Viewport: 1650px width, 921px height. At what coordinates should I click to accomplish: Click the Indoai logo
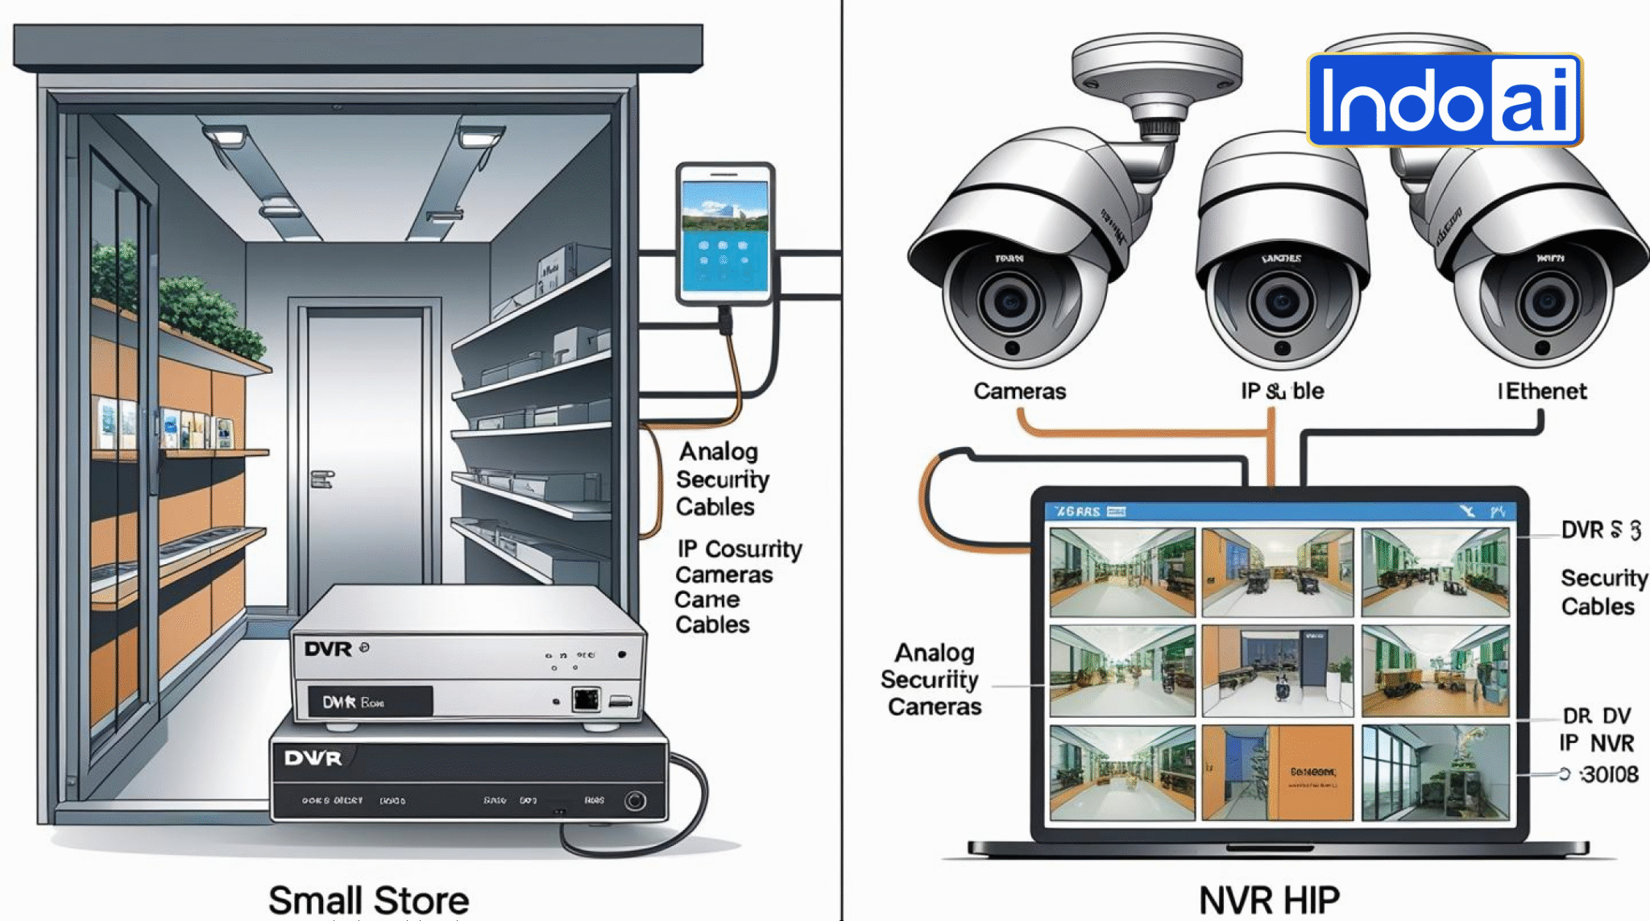1445,100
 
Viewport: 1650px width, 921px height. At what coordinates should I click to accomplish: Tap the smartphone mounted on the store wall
725,234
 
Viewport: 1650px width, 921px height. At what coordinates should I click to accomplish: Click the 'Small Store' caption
368,900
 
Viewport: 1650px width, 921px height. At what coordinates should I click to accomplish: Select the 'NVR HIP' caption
1269,900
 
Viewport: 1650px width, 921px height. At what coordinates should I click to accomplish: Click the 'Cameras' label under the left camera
1019,392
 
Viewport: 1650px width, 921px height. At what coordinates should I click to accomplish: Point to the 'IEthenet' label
1542,392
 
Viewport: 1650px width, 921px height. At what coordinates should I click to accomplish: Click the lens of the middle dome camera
1281,302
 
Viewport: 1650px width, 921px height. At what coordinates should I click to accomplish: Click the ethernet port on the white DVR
586,699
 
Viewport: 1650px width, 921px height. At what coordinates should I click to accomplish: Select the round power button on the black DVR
635,800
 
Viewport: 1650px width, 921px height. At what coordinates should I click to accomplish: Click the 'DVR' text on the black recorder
313,758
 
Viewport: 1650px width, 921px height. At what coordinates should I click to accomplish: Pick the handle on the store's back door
321,479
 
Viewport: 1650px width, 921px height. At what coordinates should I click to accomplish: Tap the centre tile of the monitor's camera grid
1277,670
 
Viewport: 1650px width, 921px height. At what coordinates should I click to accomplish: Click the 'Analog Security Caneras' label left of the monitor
931,679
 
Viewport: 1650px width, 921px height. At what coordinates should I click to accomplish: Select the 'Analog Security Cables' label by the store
721,479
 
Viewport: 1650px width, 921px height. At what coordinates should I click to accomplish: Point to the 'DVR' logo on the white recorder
328,649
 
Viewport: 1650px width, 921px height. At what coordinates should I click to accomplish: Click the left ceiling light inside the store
227,137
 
